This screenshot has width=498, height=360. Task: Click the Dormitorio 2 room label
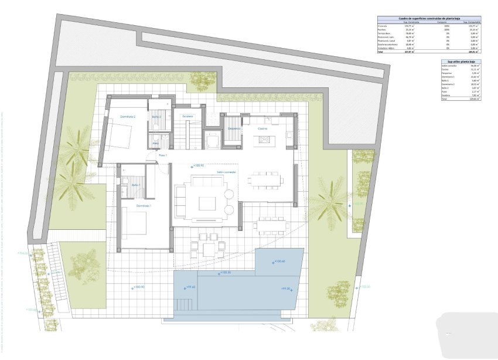point(128,117)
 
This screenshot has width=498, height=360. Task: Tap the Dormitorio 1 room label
point(144,206)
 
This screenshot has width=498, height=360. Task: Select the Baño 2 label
point(156,117)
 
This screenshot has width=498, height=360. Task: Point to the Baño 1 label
point(135,185)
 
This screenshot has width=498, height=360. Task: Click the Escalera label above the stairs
point(187,116)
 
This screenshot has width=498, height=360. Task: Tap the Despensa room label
point(234,128)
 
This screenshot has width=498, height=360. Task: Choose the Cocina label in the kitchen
point(262,128)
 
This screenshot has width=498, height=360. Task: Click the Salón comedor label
point(226,172)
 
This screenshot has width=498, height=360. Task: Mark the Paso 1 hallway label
point(163,155)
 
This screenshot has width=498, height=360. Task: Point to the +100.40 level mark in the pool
point(278,261)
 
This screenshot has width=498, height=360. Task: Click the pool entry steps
point(185,303)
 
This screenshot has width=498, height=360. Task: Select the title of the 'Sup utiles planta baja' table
point(461,61)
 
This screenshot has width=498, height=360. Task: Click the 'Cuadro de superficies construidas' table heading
point(429,18)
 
